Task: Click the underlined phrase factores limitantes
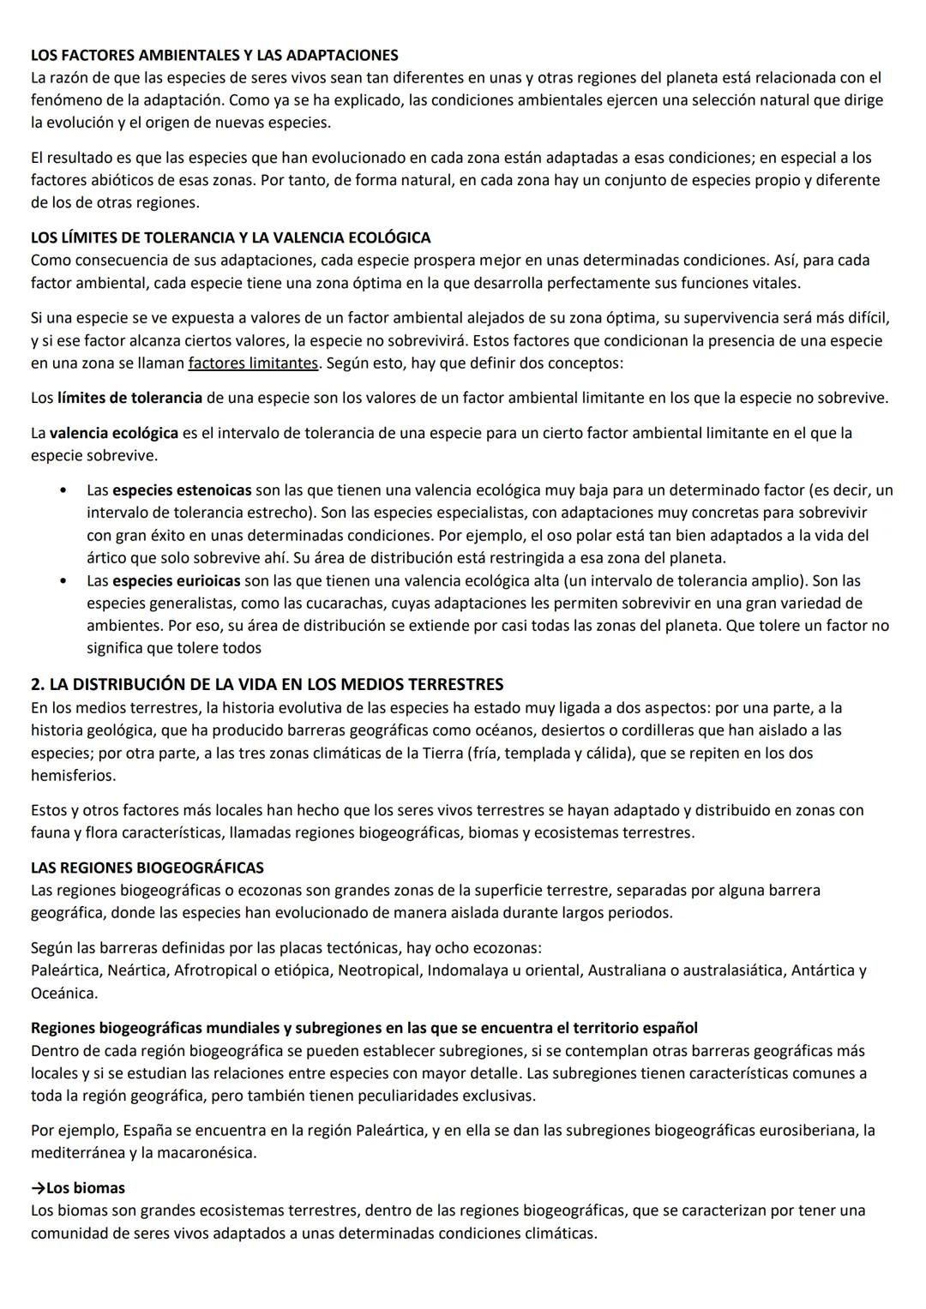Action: tap(253, 363)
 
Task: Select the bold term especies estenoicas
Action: tap(182, 490)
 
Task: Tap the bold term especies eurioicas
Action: tap(177, 580)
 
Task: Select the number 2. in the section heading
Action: tap(38, 684)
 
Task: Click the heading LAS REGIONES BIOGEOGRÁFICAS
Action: tap(147, 868)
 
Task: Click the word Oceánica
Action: tap(64, 993)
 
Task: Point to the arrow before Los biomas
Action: tap(38, 1188)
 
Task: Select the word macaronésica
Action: tap(207, 1152)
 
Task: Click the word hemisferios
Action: tap(73, 775)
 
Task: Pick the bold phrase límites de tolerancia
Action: tap(129, 398)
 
